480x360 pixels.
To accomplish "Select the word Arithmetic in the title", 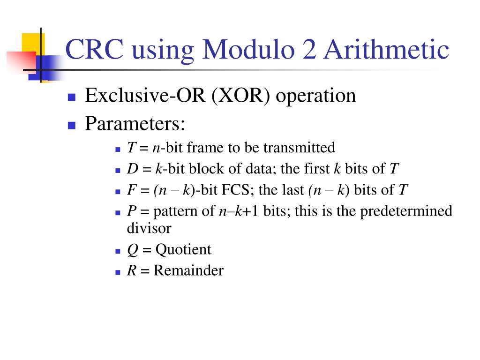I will tap(385, 50).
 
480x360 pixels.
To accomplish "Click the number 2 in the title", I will tap(309, 50).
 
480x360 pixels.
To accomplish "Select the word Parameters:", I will tap(135, 124).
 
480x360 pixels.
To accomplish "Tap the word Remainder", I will tap(188, 271).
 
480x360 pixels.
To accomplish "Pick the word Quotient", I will tap(183, 250).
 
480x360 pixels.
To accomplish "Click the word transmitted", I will tap(299, 148).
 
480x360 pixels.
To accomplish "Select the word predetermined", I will tap(406, 211).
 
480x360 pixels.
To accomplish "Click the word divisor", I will tap(149, 228).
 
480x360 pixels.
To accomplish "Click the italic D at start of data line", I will tap(131, 169).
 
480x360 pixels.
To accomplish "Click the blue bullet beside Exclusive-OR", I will tap(72, 97).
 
